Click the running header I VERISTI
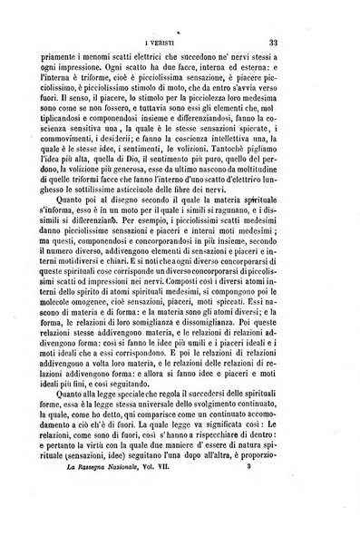(186, 43)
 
